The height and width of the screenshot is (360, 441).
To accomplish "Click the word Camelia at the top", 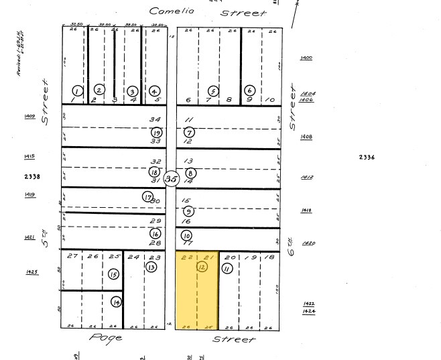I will coord(170,11).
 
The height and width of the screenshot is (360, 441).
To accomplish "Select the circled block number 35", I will coord(172,179).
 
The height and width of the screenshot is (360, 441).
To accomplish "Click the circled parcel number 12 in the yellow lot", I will coord(202,267).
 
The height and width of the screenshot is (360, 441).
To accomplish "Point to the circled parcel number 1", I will coord(78,91).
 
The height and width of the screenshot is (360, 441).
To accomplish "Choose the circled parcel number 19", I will coord(156,132).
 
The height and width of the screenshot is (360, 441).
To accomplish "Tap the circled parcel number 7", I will coord(189,132).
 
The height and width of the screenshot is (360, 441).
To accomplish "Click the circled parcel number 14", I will coord(117,302).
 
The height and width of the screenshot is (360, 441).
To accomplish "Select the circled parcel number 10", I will coord(186,235).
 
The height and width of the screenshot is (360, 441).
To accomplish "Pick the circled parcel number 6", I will coord(250,91).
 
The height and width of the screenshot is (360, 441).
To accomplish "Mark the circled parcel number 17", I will coord(147,196).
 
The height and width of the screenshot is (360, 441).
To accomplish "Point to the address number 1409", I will coord(29,116).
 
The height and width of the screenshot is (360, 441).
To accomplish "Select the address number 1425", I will coord(31,272).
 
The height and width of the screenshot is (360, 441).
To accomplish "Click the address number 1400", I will coord(307,58).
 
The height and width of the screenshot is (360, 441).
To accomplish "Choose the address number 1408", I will coord(307,137).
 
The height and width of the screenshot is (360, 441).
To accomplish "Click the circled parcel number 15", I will coord(113,274).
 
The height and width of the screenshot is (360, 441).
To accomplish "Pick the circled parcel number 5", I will coord(213,91).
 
